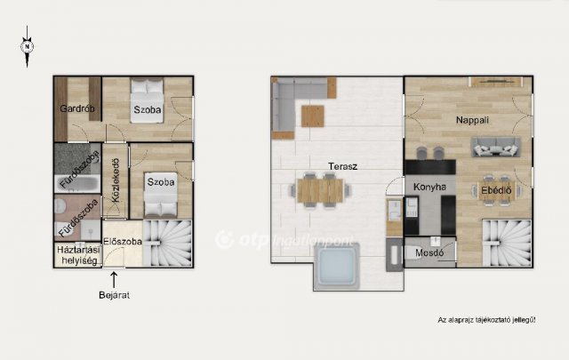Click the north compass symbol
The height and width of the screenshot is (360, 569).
tap(27, 46)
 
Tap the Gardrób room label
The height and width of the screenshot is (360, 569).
tap(77, 108)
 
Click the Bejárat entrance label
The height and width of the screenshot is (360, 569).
tap(114, 295)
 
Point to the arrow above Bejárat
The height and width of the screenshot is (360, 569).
tap(114, 280)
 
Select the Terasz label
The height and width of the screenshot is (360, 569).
tap(342, 166)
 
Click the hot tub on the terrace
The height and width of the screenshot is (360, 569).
tap(337, 267)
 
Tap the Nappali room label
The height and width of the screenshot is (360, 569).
tap(472, 120)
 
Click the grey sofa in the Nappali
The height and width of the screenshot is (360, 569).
tap(496, 147)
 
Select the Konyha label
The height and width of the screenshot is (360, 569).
tap(429, 187)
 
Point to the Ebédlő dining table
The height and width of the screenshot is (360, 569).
tap(496, 190)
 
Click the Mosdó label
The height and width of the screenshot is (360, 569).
tap(429, 252)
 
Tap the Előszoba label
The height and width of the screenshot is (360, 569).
tap(123, 241)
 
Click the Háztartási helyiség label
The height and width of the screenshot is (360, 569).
tap(78, 255)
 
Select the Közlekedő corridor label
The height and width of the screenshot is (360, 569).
tap(116, 180)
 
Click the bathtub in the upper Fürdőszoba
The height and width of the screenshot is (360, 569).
tap(77, 183)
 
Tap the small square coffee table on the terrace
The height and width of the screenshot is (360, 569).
tap(312, 116)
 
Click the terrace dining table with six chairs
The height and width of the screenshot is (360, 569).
tap(320, 190)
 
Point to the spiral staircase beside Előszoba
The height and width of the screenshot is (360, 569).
tap(168, 244)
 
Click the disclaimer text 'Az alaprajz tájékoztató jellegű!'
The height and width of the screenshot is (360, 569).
tap(486, 320)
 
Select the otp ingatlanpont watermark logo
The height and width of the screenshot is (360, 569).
tap(284, 240)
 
